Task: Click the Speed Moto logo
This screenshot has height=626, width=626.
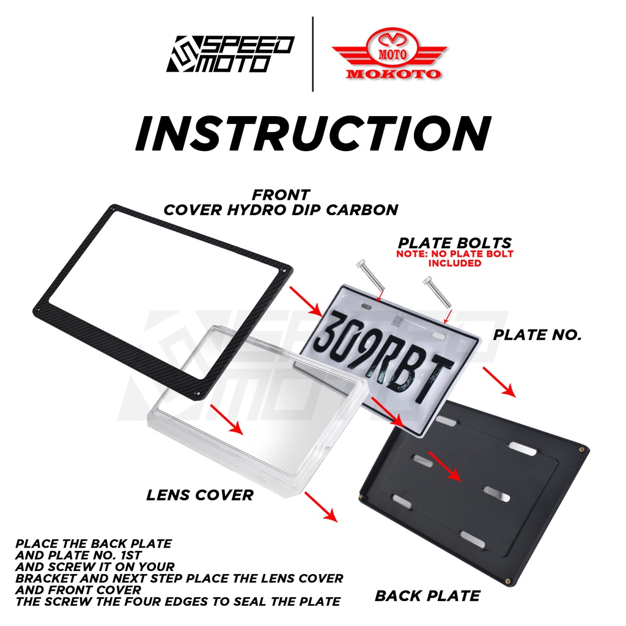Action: (230, 54)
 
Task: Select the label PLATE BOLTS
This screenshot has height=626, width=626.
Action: (455, 243)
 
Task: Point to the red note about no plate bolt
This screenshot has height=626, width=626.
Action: (455, 258)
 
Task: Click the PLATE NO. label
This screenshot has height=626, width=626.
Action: (537, 334)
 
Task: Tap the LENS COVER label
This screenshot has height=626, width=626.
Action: (199, 495)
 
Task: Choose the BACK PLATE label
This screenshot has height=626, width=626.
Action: (427, 595)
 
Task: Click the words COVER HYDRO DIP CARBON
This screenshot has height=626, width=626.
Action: (281, 209)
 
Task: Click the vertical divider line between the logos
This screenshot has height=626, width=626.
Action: (312, 54)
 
